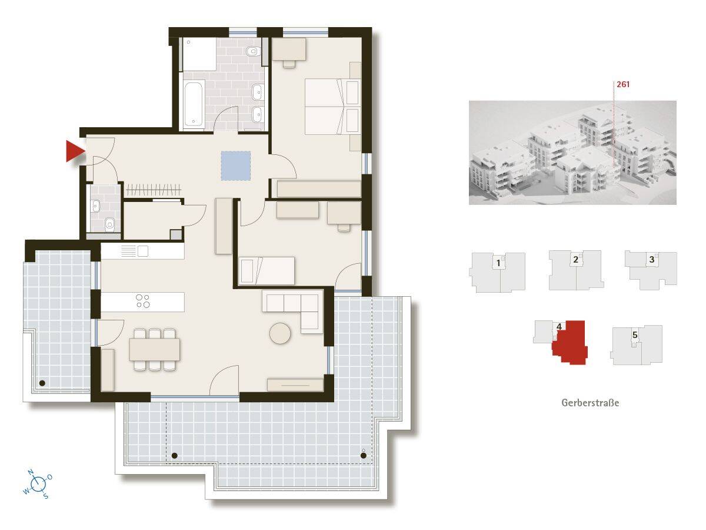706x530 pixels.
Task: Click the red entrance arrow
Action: (x=75, y=151)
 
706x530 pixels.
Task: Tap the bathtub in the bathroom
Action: (x=194, y=103)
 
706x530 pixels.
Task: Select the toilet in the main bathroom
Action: (x=252, y=51)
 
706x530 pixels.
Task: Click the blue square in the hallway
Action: (x=236, y=165)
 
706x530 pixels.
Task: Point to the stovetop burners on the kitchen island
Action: (x=143, y=301)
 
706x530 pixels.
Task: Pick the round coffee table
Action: (x=280, y=333)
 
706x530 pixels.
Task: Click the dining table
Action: (x=155, y=349)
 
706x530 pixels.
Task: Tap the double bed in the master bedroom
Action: (x=332, y=107)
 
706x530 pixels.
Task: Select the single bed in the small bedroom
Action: (x=267, y=271)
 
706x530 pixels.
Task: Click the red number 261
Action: (x=623, y=84)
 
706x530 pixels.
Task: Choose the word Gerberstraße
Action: (x=590, y=403)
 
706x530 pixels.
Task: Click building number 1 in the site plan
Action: (x=498, y=263)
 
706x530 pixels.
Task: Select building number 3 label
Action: (x=652, y=259)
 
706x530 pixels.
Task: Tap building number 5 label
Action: (x=635, y=335)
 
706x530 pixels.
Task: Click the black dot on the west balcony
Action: (x=42, y=383)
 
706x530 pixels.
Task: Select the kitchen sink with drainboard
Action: (x=135, y=251)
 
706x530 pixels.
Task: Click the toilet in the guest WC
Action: (x=109, y=224)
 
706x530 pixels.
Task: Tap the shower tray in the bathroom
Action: (x=199, y=54)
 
